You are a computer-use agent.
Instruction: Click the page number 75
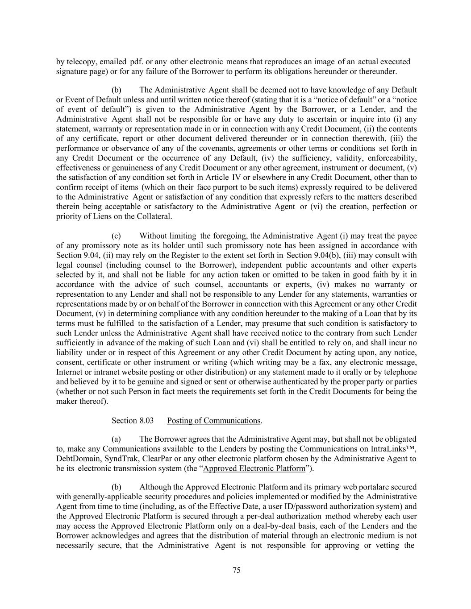point(237,570)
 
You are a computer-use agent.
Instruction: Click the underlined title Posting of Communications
point(213,421)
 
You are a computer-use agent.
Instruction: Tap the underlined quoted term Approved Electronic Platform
point(254,468)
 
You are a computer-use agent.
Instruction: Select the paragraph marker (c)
point(116,236)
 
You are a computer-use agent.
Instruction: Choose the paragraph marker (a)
point(116,439)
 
